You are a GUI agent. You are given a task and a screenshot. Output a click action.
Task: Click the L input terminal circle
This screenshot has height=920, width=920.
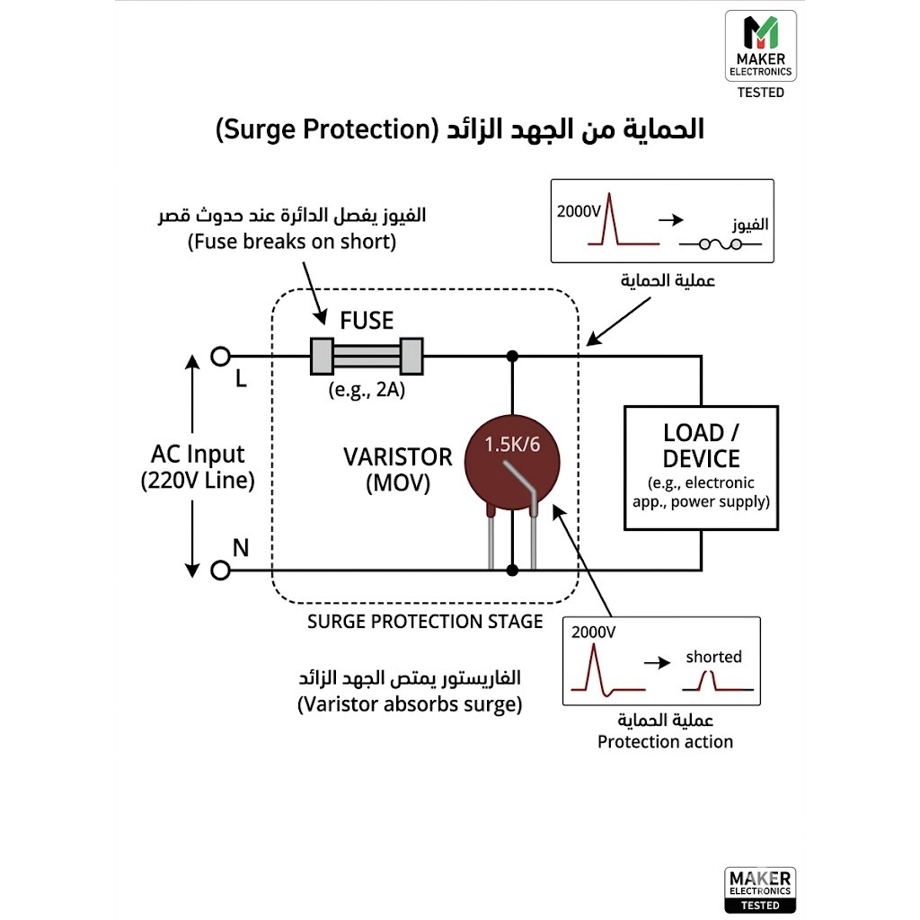pos(221,356)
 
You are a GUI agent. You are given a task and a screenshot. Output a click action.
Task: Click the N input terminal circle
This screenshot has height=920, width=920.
pos(221,570)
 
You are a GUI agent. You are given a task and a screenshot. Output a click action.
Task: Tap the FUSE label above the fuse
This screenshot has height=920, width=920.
pos(367,321)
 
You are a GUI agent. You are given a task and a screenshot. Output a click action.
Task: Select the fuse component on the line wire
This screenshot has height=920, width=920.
pos(367,356)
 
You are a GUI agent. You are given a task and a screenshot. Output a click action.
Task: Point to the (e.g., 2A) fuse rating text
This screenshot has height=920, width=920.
pos(367,390)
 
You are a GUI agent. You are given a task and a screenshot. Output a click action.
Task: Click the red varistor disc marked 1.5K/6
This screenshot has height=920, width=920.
pos(512,464)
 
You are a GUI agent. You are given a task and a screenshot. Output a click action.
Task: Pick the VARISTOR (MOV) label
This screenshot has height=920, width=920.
pos(398,470)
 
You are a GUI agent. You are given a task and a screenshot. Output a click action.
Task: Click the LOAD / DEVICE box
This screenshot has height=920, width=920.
pos(701,467)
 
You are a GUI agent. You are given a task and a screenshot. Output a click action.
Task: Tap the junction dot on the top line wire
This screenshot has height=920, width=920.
pos(512,356)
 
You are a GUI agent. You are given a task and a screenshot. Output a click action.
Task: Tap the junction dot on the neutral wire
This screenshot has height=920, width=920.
pos(512,570)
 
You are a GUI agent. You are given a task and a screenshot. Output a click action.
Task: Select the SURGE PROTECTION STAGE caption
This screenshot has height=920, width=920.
pos(425,622)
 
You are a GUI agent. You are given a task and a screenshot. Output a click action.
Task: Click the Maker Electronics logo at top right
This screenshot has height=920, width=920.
pos(761,46)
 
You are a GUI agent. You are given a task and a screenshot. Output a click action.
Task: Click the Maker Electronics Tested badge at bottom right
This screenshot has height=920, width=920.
pos(760,889)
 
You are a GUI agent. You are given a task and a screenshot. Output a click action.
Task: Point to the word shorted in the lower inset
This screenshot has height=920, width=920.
pos(714,657)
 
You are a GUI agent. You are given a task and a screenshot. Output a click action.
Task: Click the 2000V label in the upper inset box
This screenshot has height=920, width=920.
pos(579,211)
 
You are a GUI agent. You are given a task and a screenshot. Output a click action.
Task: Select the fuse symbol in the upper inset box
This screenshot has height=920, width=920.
pos(721,243)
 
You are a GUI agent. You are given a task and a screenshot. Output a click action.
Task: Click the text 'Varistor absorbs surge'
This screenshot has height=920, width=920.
pos(410,704)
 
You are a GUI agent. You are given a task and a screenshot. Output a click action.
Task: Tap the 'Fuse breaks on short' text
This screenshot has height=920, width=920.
pos(292,242)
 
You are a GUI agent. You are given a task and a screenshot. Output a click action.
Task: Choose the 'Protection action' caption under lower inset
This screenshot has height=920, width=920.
pos(666,741)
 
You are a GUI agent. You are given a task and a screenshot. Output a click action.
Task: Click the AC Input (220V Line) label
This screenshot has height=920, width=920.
pos(198,467)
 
